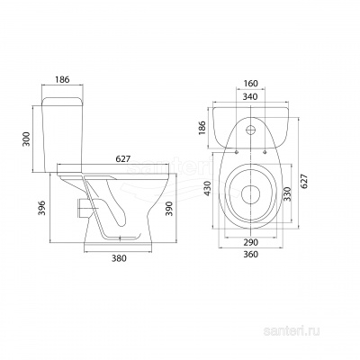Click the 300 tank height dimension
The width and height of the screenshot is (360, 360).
(27, 139)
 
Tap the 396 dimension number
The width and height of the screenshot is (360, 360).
(42, 208)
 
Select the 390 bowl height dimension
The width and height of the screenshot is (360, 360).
(169, 208)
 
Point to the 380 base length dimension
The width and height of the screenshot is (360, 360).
(119, 257)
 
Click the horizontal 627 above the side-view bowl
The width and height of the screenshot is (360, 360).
(123, 158)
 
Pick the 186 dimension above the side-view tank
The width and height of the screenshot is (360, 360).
(62, 79)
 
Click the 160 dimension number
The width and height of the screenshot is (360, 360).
(251, 84)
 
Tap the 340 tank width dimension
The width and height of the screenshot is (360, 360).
(251, 96)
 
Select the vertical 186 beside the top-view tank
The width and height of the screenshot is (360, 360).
(202, 128)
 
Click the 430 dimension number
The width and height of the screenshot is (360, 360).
(208, 189)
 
